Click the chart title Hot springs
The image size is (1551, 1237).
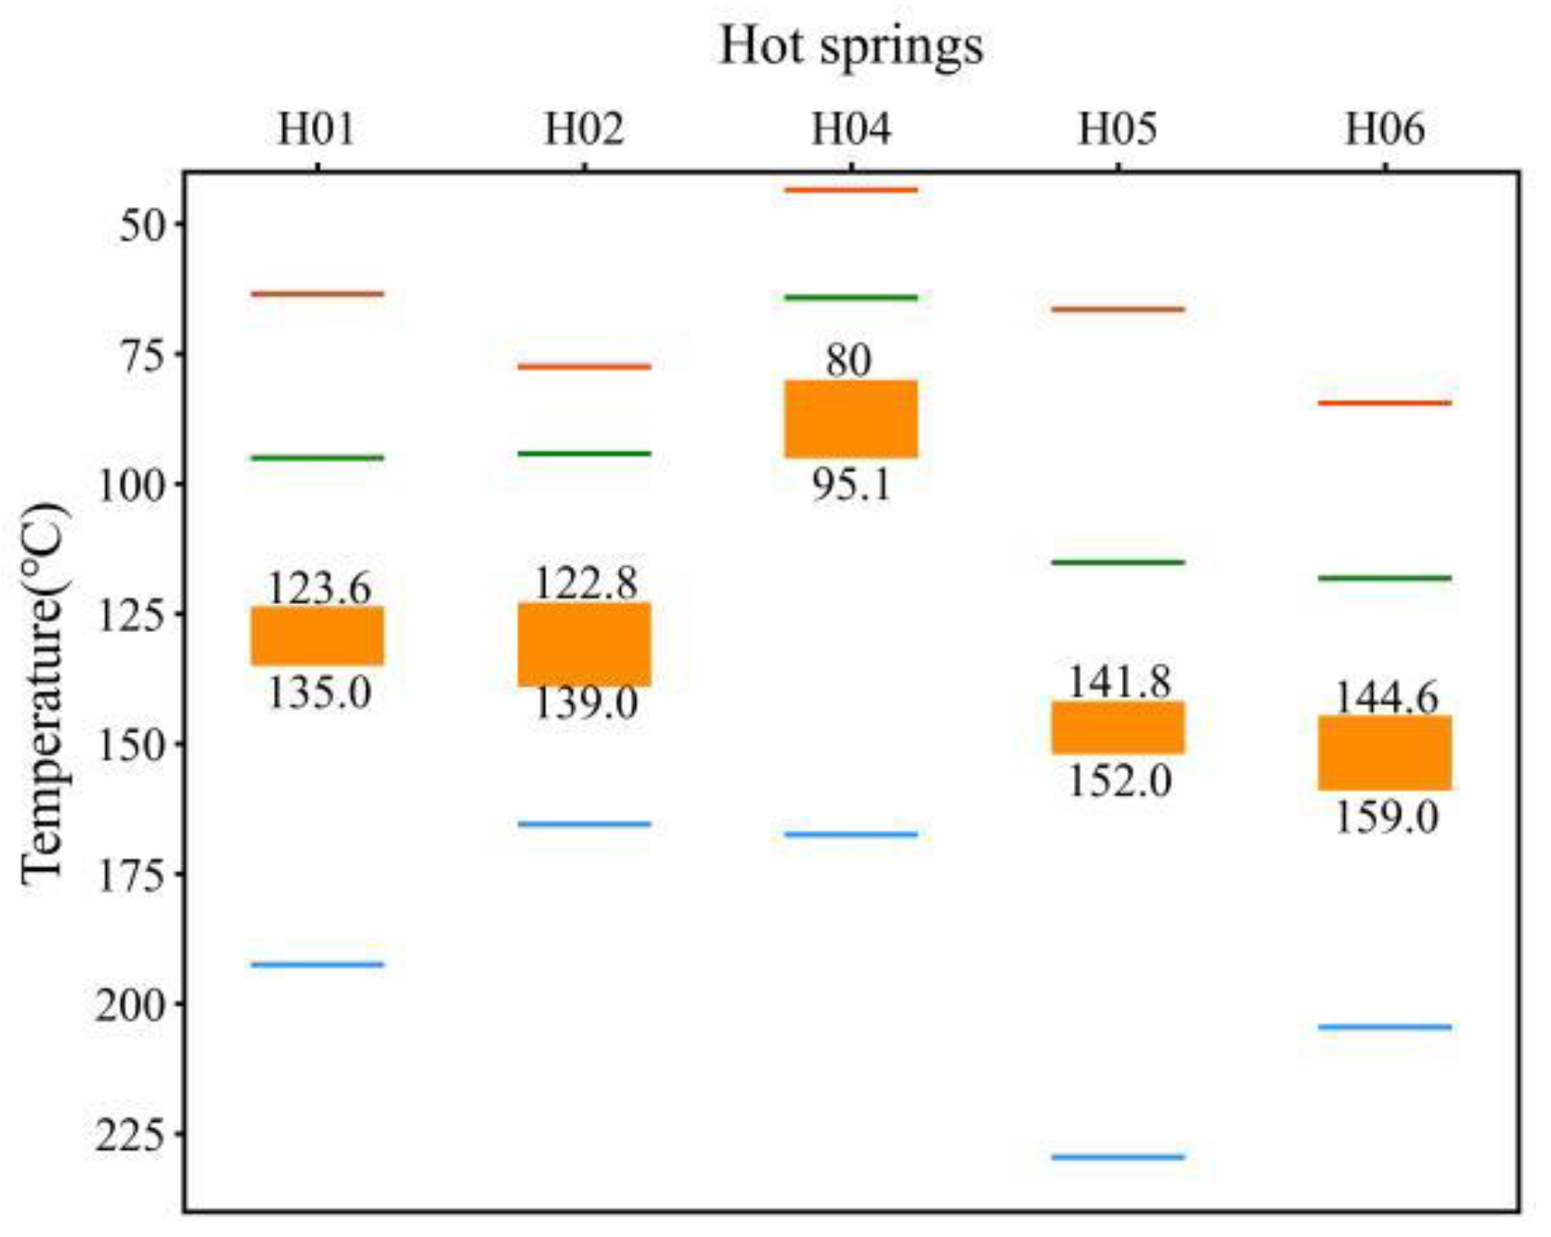pyautogui.click(x=850, y=45)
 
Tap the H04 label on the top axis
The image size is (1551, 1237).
pyautogui.click(x=850, y=129)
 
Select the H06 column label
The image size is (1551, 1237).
pyautogui.click(x=1384, y=129)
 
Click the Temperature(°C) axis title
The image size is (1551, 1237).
pyautogui.click(x=45, y=694)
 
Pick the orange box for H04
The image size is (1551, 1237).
pyautogui.click(x=850, y=419)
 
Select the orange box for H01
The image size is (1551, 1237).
pyautogui.click(x=317, y=636)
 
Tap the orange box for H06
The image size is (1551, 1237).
pyautogui.click(x=1384, y=753)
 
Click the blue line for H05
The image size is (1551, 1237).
pyautogui.click(x=1118, y=1157)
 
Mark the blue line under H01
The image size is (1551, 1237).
pyautogui.click(x=317, y=964)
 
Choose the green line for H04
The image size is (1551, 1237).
pyautogui.click(x=850, y=298)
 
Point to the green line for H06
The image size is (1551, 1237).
pyautogui.click(x=1384, y=578)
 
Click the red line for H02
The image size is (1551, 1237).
pyautogui.click(x=584, y=367)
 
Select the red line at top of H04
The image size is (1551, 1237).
pyautogui.click(x=850, y=190)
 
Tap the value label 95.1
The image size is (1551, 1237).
pyautogui.click(x=850, y=484)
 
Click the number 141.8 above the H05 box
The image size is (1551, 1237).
pyautogui.click(x=1118, y=682)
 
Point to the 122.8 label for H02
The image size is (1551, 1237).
pyautogui.click(x=585, y=583)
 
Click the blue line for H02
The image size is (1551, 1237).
pyautogui.click(x=584, y=823)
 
